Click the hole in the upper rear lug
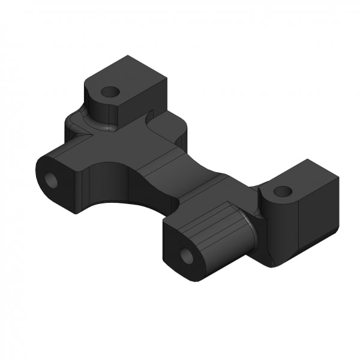click(110, 92)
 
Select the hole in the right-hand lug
click(281, 192)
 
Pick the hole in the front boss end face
click(187, 256)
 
